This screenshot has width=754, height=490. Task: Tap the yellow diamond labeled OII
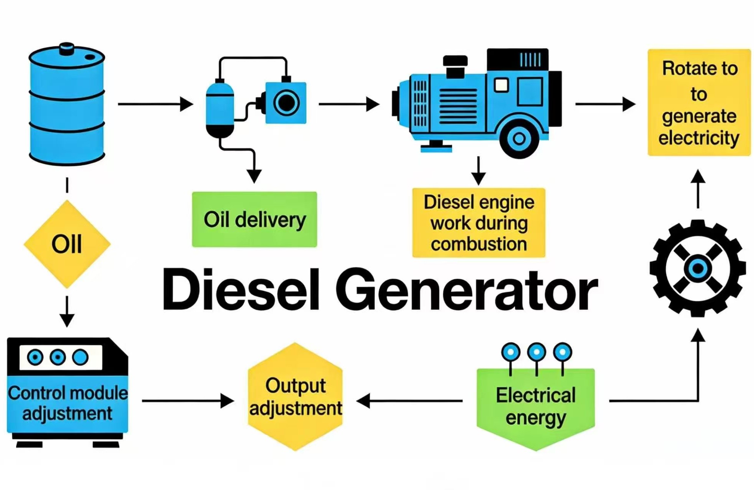(67, 244)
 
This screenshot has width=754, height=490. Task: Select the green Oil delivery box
(255, 219)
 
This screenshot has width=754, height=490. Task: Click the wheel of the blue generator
(519, 138)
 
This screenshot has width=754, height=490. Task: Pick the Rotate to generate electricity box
(699, 103)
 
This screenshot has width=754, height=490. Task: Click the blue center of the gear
(698, 268)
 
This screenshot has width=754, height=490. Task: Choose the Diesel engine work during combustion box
(478, 223)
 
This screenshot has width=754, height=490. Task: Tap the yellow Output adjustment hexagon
(295, 397)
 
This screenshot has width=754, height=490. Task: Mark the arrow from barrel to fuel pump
(155, 104)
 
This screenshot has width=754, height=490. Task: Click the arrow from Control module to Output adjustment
(188, 401)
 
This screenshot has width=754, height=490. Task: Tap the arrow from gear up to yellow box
(698, 189)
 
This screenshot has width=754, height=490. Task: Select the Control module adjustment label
(68, 403)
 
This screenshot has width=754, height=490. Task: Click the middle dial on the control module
(58, 357)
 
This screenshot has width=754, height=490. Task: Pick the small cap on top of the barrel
(67, 48)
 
